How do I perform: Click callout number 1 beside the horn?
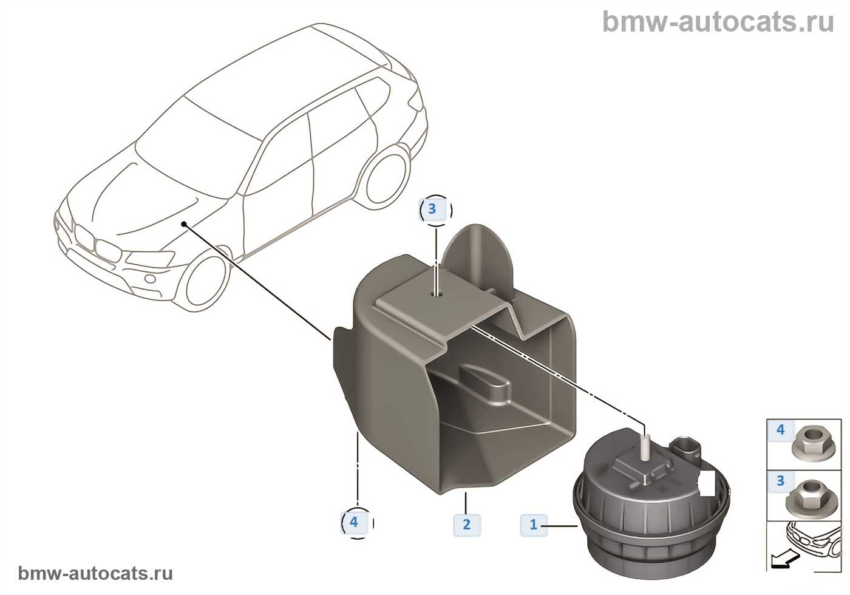coord(534,525)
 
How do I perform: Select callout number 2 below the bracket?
coord(466,525)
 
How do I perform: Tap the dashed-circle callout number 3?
coord(432,209)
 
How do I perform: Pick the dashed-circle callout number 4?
coord(354,522)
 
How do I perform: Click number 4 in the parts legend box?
coord(781,430)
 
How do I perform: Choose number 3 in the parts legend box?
coord(781,481)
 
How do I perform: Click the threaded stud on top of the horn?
coord(645,447)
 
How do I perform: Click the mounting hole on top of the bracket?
coord(436,293)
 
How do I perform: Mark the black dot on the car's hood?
coord(183,224)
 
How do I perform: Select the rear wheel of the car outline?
coord(387,178)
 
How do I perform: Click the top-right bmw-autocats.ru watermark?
coord(718,22)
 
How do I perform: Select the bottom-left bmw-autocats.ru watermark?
coord(95,573)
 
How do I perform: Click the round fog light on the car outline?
coord(149,279)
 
